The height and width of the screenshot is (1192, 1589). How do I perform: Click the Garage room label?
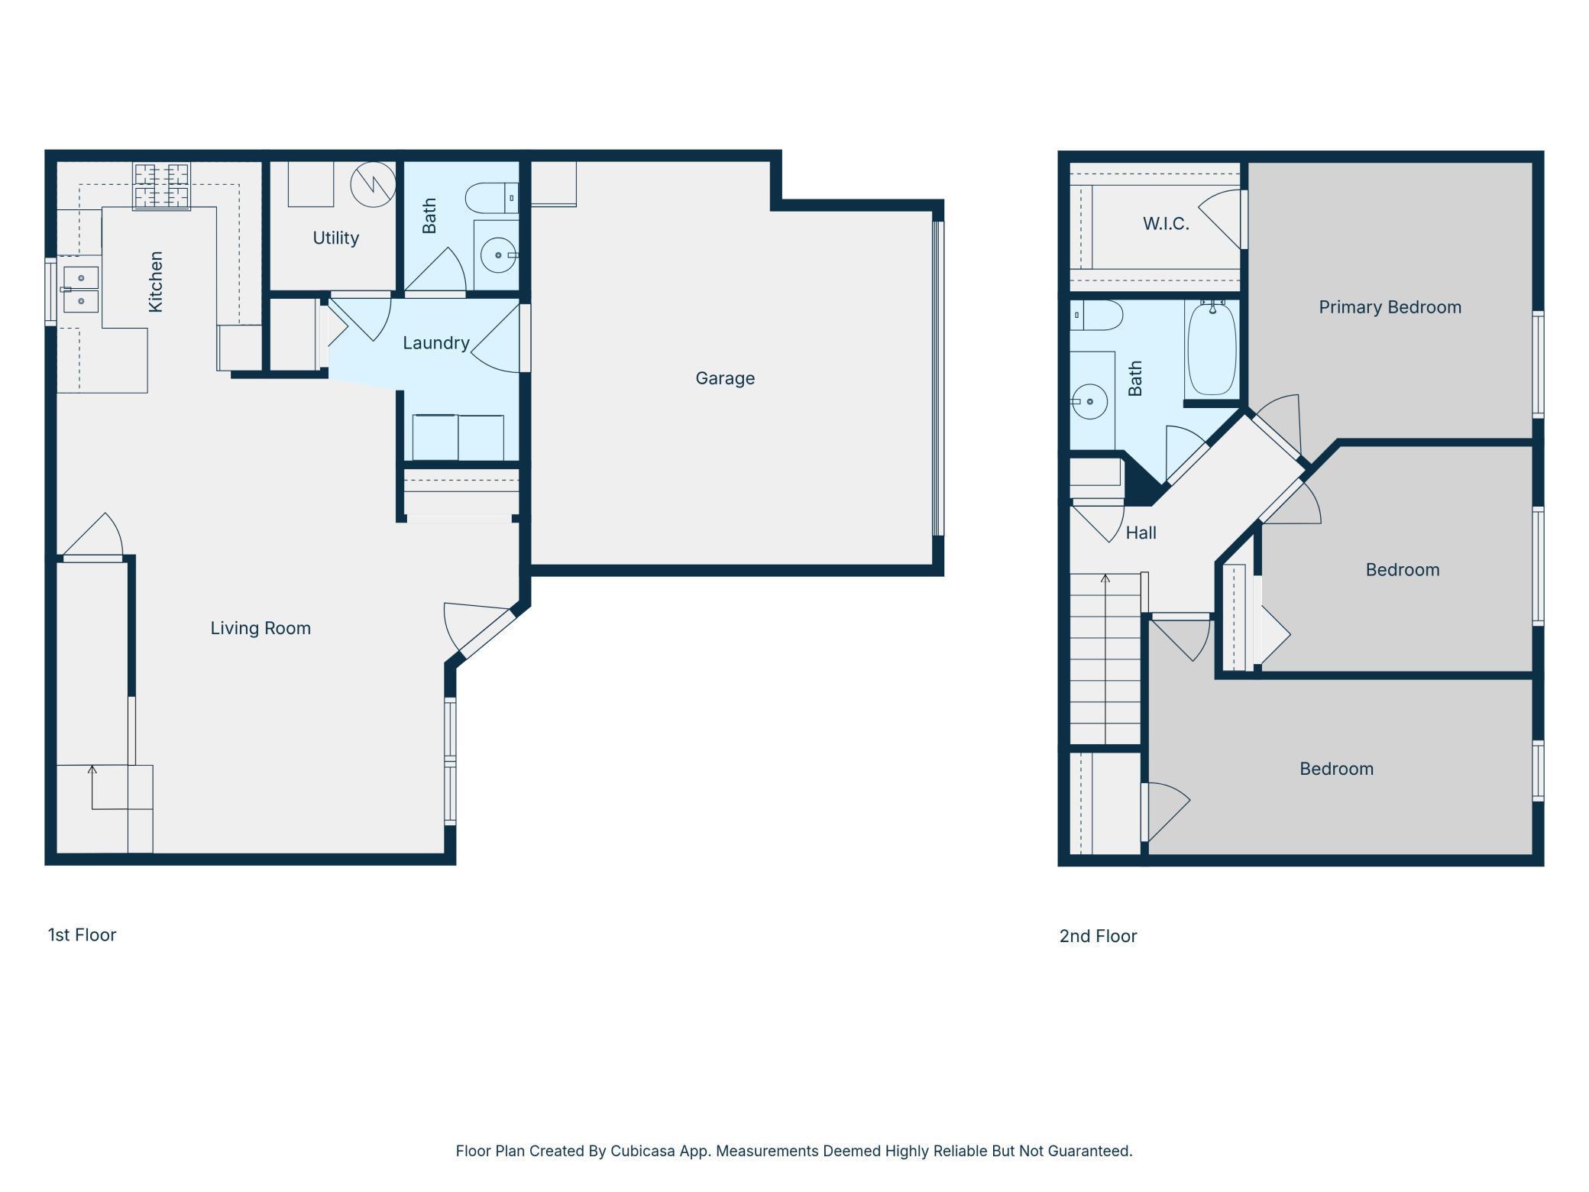tap(725, 378)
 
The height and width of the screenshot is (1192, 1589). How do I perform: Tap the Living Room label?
tap(261, 628)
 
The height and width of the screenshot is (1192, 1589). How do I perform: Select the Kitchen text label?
tap(156, 281)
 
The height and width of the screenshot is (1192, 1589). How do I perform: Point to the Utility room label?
tap(335, 238)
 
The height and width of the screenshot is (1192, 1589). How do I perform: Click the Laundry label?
tap(436, 343)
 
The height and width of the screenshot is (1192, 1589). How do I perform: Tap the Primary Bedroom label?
tap(1390, 307)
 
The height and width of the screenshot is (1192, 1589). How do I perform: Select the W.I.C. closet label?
tap(1166, 224)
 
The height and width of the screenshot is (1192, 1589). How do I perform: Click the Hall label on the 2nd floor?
tap(1141, 533)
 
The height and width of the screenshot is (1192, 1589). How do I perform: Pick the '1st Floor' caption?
tap(82, 934)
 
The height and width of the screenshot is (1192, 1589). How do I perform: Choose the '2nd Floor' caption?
tap(1098, 936)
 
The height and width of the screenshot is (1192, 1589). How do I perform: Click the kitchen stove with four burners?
tap(162, 186)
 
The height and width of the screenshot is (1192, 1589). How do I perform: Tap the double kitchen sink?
tap(80, 289)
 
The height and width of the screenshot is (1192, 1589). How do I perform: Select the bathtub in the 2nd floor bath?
tap(1212, 348)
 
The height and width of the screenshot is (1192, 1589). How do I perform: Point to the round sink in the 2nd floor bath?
tap(1089, 401)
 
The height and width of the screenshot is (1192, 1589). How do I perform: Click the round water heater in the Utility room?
tap(373, 184)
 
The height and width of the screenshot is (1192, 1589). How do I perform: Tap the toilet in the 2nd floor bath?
tap(1096, 315)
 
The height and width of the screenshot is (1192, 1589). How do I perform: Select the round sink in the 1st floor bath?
tap(499, 254)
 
